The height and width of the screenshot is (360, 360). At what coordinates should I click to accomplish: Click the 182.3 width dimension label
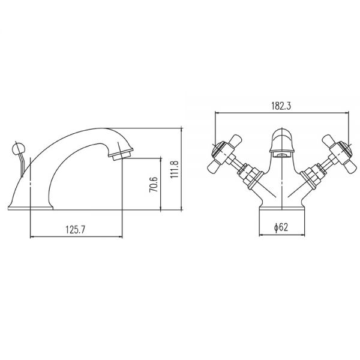tap(281, 106)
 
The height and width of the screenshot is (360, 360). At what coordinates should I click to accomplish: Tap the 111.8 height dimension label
tap(175, 169)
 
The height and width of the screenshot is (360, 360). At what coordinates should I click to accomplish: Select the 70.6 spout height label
tap(154, 184)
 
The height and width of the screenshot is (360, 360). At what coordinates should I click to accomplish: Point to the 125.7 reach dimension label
tap(76, 229)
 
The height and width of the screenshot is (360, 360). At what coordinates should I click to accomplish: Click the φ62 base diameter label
tap(281, 227)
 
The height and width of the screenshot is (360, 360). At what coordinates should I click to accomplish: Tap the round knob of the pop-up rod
tap(18, 149)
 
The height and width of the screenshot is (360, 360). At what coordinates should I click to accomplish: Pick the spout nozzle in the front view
tap(282, 154)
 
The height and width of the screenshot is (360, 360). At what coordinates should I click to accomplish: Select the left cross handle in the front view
tap(224, 154)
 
